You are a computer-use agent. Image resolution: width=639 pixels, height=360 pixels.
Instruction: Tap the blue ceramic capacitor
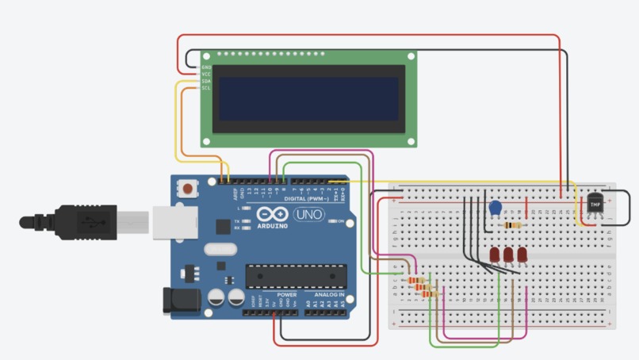496,208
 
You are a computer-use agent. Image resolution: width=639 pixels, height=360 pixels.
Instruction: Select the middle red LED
508,255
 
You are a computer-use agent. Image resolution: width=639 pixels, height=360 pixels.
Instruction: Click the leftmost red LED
495,255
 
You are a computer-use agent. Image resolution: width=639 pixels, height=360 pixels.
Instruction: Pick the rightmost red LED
522,255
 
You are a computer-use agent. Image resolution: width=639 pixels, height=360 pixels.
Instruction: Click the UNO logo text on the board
308,215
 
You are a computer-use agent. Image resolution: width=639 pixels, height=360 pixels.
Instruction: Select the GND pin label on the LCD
206,67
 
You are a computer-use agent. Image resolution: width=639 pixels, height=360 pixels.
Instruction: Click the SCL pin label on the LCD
206,88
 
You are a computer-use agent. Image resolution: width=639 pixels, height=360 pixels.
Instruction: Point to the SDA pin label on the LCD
206,81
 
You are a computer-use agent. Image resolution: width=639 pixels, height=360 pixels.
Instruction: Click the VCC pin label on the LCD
206,74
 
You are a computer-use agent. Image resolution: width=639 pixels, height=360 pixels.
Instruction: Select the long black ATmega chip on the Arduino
296,275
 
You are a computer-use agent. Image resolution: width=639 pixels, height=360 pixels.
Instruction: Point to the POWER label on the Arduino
286,294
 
